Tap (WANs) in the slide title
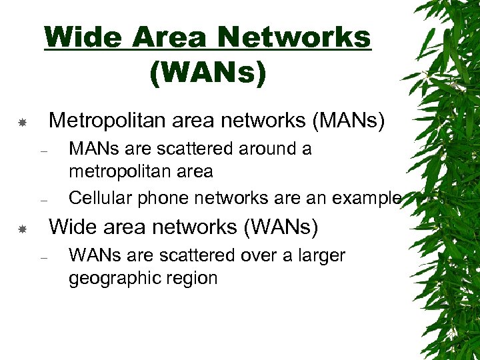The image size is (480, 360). (x=207, y=73)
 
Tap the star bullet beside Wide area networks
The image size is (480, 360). (x=22, y=229)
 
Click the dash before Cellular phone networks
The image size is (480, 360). (x=43, y=199)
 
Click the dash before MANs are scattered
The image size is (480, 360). (x=43, y=150)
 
